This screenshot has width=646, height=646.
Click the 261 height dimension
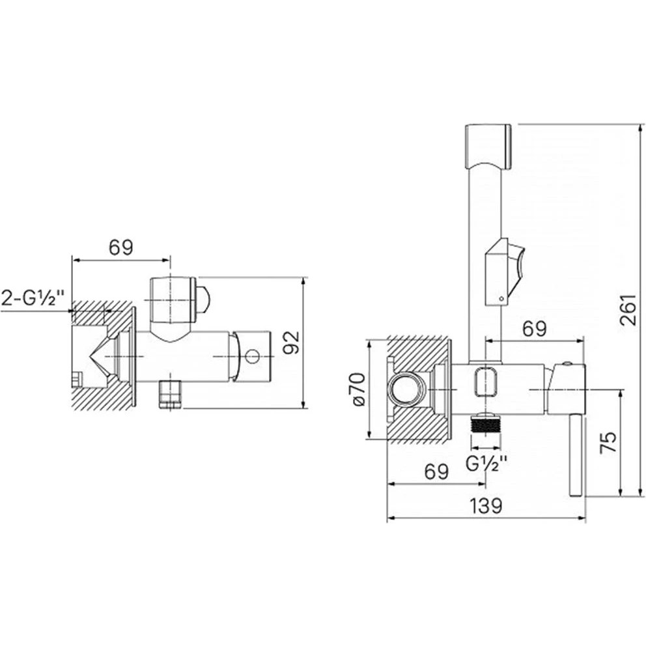tap(628, 309)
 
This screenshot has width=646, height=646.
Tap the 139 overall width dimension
tap(486, 506)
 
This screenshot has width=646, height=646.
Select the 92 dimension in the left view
tap(292, 343)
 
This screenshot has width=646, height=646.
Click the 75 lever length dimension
tap(608, 442)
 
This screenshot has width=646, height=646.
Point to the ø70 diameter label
tap(358, 389)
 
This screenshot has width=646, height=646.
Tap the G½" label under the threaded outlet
tap(486, 464)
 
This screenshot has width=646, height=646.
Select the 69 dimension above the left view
tap(120, 247)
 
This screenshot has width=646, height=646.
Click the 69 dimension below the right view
tap(436, 471)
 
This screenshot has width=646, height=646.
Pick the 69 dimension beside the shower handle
tap(535, 328)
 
